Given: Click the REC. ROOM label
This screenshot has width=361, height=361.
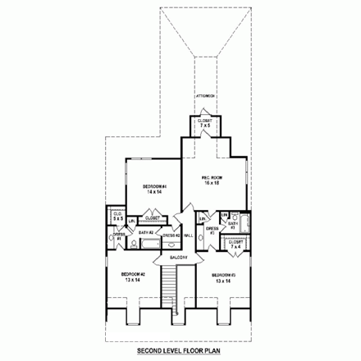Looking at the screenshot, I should click(213, 177).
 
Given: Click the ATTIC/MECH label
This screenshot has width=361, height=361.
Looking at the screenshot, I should click(204, 96).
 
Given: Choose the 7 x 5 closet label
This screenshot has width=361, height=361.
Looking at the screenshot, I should click(204, 125).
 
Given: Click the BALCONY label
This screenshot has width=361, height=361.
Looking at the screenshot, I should click(180, 257).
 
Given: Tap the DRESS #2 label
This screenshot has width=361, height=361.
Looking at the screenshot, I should click(171, 236).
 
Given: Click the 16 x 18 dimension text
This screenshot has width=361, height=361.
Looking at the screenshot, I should click(213, 184).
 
